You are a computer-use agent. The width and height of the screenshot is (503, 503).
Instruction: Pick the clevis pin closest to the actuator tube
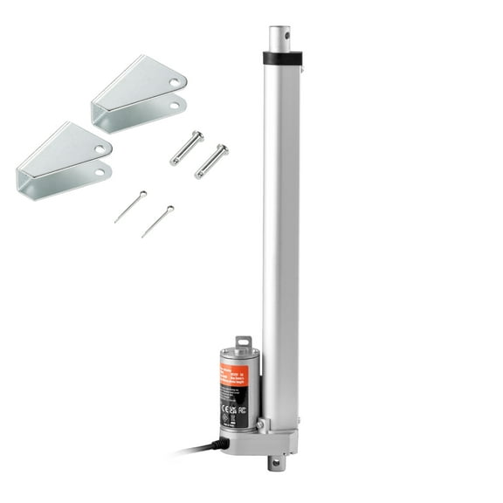211,161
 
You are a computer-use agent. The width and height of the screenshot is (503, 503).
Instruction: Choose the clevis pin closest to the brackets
187,148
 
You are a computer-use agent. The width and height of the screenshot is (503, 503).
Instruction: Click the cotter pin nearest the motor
157,221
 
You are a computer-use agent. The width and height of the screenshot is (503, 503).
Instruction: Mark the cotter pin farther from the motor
130,206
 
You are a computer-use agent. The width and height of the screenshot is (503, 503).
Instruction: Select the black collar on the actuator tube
281,59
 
